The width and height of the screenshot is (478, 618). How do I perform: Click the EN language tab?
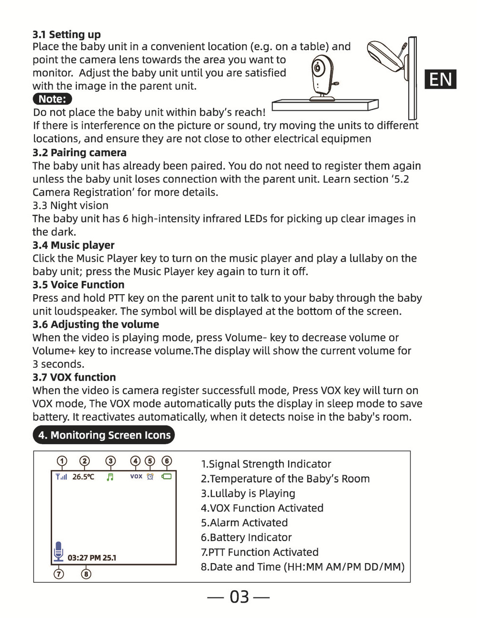440,79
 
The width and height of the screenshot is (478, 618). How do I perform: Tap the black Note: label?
53,99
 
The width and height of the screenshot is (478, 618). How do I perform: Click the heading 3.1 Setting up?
66,34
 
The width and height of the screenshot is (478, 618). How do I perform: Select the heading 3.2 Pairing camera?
79,153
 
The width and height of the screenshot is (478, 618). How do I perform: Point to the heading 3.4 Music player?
73,245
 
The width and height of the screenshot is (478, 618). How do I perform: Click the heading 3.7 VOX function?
74,377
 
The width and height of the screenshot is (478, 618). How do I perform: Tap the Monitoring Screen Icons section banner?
104,435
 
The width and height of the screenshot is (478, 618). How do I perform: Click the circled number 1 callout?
62,461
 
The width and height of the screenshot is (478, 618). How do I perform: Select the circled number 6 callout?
167,461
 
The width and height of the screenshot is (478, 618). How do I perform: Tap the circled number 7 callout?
59,574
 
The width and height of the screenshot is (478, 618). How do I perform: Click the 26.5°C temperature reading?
83,477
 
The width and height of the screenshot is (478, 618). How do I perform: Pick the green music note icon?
110,477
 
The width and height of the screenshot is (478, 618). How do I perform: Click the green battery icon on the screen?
166,477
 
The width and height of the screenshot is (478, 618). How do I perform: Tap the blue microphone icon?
58,551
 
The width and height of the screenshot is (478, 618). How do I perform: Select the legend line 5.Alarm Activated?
244,522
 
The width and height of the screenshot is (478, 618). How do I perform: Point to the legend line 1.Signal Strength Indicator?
266,464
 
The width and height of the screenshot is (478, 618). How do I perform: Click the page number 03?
239,597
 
